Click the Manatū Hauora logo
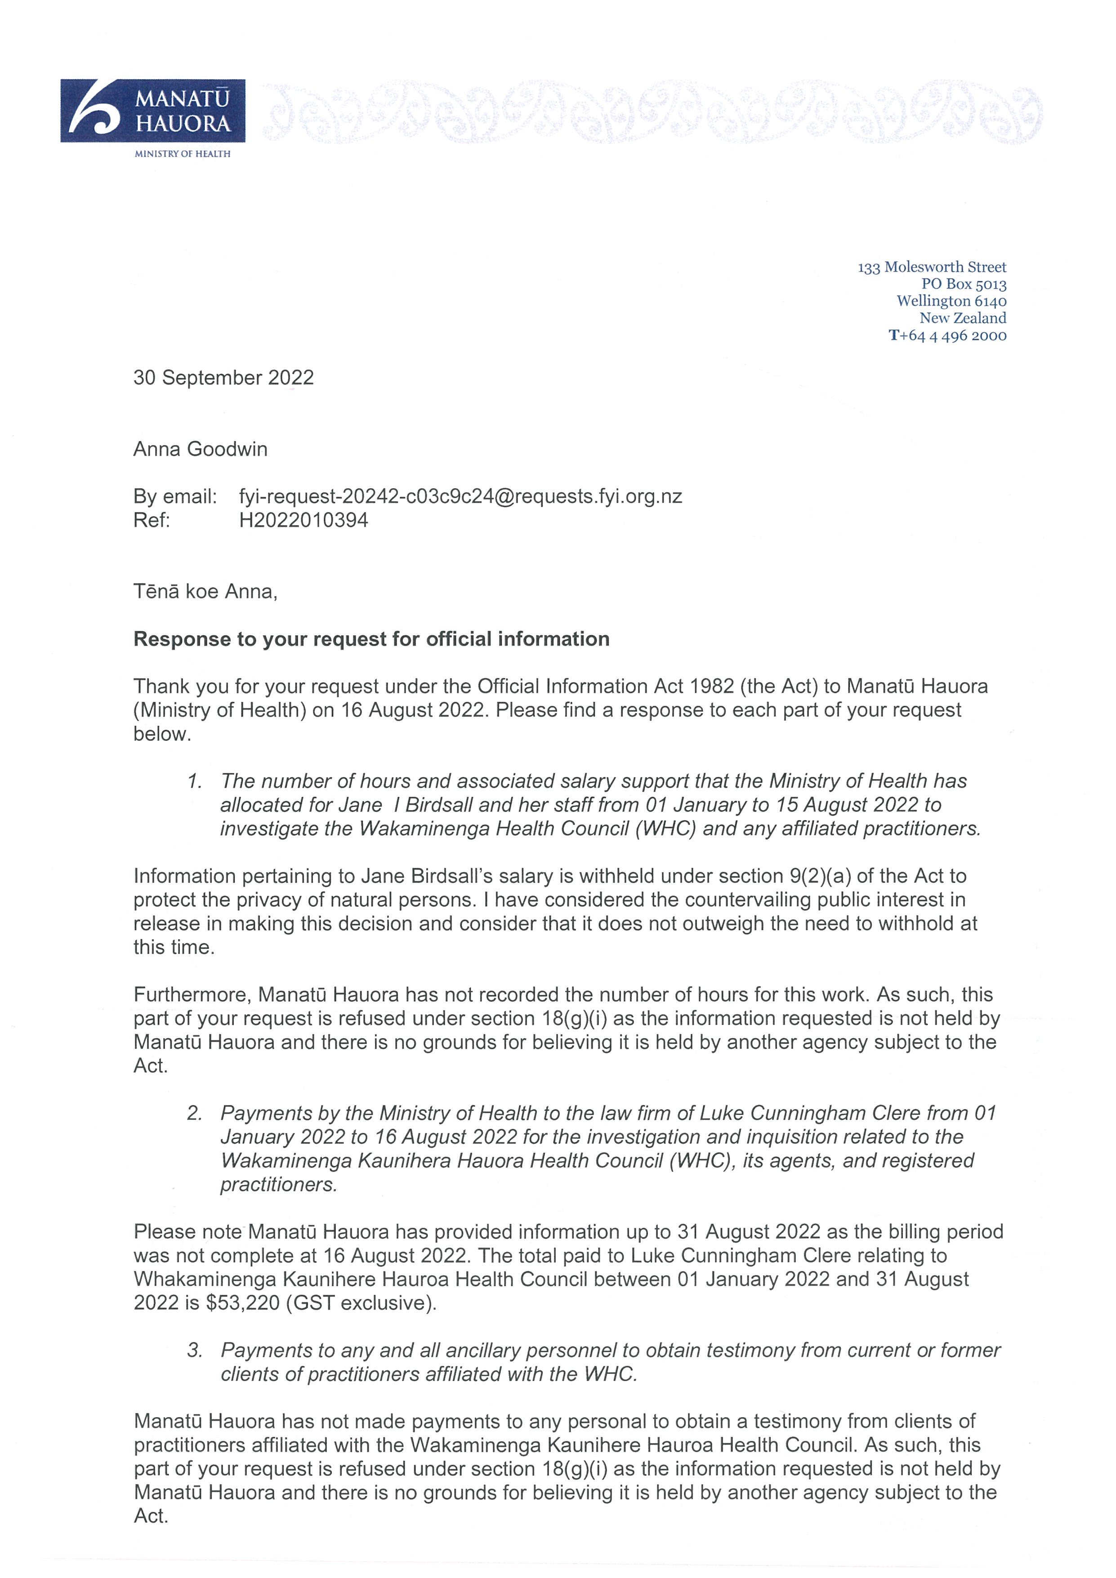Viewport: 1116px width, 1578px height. [x=152, y=111]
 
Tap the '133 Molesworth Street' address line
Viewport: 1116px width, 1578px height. [x=931, y=267]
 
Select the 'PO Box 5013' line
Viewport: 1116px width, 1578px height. [x=964, y=284]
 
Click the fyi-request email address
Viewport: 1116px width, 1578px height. [x=460, y=496]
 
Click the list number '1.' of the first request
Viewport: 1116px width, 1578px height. [x=195, y=781]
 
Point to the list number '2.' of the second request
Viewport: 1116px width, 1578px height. [x=195, y=1113]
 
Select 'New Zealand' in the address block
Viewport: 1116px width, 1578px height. [x=962, y=318]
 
